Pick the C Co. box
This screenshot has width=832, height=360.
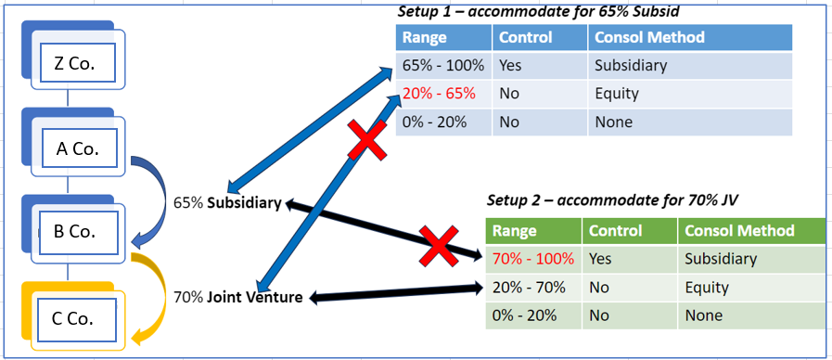click(70, 318)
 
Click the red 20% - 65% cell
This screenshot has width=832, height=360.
click(440, 94)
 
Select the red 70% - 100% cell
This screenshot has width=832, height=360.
click(533, 259)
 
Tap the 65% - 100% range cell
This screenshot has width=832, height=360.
click(443, 66)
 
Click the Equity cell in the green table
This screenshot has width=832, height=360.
click(707, 288)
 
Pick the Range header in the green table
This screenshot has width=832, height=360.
click(515, 231)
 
